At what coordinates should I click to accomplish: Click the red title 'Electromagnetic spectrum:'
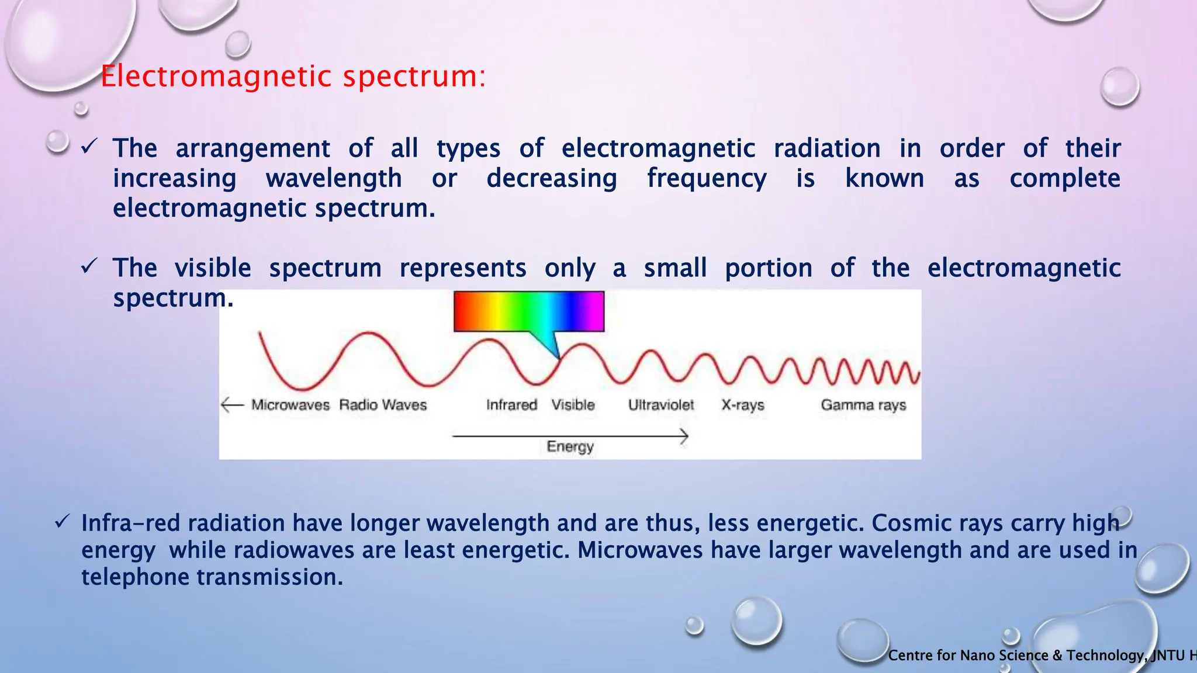point(293,77)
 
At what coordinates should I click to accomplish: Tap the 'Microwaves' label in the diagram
point(290,405)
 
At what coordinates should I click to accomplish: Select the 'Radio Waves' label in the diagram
point(383,405)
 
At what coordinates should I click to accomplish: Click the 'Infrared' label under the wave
point(511,405)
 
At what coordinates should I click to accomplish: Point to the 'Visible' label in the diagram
point(573,405)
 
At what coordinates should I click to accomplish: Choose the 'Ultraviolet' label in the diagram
point(661,405)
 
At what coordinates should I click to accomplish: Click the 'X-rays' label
point(742,405)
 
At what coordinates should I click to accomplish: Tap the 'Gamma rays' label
point(863,405)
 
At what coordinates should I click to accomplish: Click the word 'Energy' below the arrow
point(570,447)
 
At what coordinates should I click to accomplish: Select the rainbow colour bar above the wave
point(528,311)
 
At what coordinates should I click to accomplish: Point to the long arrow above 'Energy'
point(570,436)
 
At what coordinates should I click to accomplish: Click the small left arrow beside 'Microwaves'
point(232,404)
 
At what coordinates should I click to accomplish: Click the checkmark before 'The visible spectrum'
point(89,266)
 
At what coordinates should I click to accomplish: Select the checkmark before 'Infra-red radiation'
point(63,521)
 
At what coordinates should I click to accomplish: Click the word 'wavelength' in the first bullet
point(334,179)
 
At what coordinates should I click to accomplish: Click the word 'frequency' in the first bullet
point(707,179)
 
